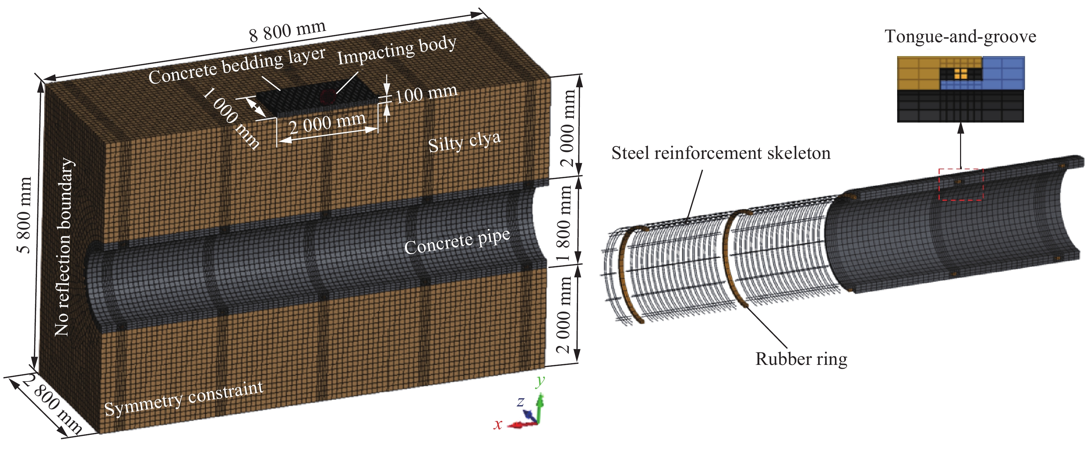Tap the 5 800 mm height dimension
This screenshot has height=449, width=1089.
coord(25,215)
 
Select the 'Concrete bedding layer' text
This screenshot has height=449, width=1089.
coord(237,65)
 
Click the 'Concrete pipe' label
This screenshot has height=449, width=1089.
coord(457,242)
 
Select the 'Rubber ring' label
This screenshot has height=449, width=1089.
coord(801,359)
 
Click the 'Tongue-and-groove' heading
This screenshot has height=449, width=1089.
coord(960,37)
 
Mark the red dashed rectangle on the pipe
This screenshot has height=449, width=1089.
coord(961,184)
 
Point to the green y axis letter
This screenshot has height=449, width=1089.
coord(540,381)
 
